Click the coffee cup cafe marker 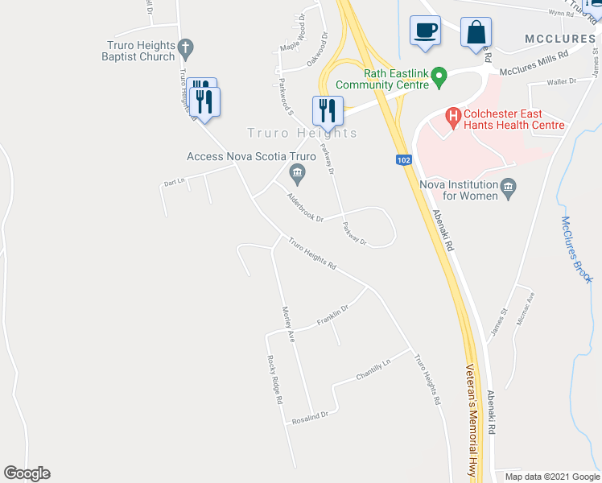[x=425, y=31]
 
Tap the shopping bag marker [x=476, y=33]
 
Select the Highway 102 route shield [x=404, y=160]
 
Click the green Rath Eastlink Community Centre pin [x=439, y=77]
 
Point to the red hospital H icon [x=453, y=117]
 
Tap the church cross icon [x=186, y=49]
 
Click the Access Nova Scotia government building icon [x=297, y=171]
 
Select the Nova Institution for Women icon [x=508, y=190]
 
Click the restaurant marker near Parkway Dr [x=328, y=111]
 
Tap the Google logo [x=27, y=473]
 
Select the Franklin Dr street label [x=332, y=315]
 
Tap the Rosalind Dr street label [x=311, y=416]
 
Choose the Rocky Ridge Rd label [x=274, y=379]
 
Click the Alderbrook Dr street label [x=305, y=207]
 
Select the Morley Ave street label [x=287, y=324]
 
